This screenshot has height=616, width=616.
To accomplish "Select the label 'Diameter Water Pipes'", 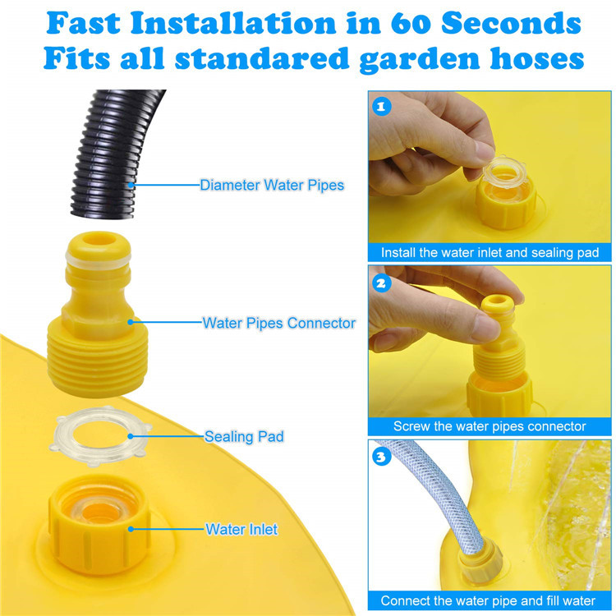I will (272, 186).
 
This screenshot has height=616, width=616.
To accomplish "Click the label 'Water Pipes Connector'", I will (279, 323).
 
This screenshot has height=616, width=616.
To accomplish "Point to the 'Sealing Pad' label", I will (244, 436).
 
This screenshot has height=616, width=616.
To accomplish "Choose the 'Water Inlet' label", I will (241, 529).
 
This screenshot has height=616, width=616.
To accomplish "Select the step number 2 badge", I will (380, 282).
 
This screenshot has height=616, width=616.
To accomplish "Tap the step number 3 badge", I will (380, 457).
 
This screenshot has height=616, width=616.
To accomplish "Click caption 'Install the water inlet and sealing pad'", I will (490, 253).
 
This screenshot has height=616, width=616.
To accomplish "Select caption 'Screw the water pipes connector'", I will (490, 426).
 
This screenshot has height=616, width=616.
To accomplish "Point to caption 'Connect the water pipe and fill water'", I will (490, 600).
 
